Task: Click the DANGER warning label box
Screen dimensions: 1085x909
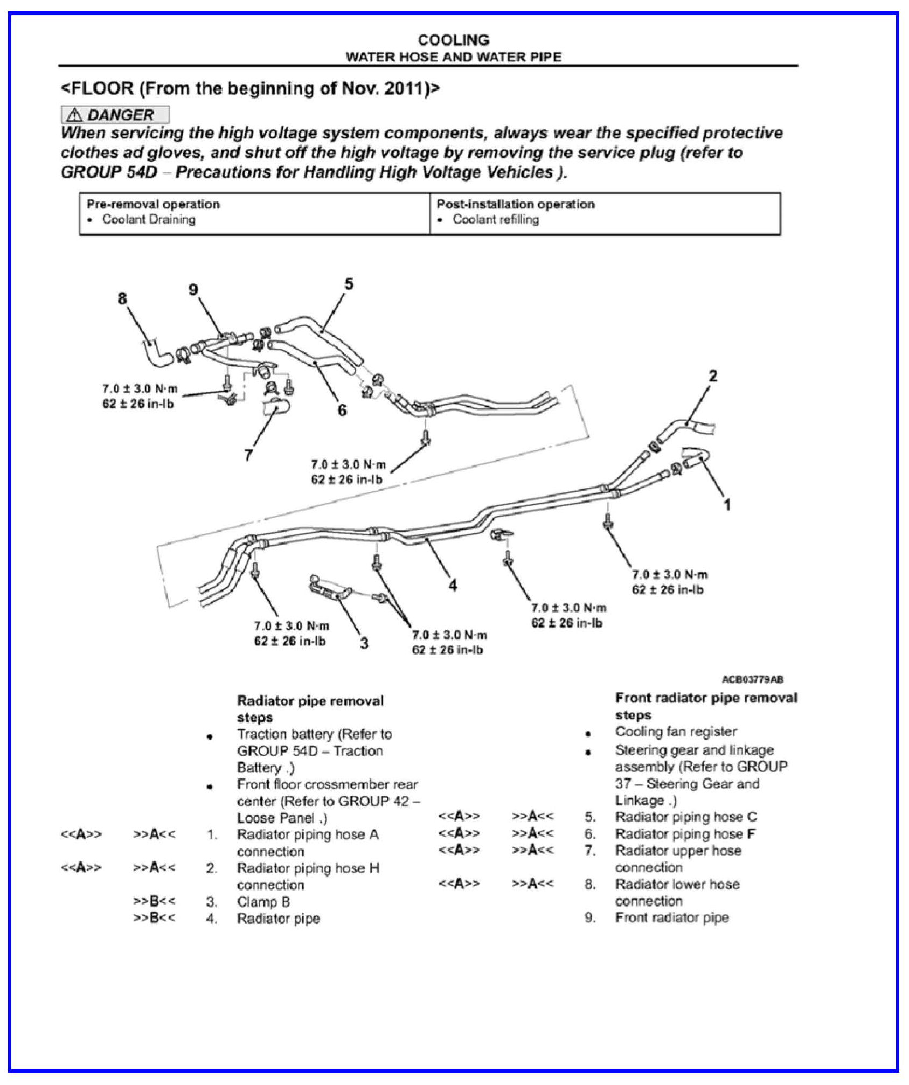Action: click(115, 114)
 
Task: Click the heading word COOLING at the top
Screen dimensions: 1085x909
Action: click(454, 40)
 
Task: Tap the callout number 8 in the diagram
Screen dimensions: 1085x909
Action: click(122, 298)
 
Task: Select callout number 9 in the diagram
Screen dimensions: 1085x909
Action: click(193, 290)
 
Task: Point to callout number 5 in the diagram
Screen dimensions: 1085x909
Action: click(349, 284)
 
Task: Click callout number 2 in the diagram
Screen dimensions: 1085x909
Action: click(713, 376)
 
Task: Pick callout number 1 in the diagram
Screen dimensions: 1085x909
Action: click(727, 505)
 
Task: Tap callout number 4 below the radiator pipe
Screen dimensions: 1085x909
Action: click(453, 585)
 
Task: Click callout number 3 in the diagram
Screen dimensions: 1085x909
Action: click(364, 643)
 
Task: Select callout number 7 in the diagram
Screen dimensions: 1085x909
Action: click(248, 455)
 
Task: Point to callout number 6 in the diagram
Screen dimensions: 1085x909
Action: click(342, 411)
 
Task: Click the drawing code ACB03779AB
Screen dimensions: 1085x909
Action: click(752, 680)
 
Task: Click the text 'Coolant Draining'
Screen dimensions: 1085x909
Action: click(149, 219)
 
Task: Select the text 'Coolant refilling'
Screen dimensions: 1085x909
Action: click(496, 219)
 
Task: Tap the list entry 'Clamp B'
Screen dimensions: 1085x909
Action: click(263, 902)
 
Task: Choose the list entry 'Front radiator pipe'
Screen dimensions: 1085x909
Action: click(672, 917)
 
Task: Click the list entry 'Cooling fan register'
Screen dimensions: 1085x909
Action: click(676, 732)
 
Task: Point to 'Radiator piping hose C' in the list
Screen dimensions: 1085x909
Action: click(686, 817)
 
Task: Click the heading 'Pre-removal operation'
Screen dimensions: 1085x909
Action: click(154, 204)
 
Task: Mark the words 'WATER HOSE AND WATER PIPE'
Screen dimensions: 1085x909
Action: click(454, 57)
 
